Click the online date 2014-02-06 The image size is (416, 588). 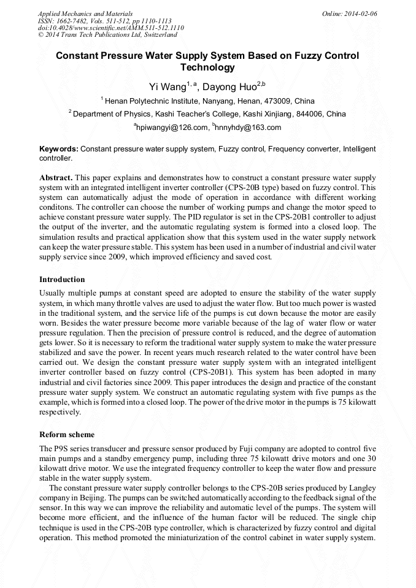[x=362, y=13]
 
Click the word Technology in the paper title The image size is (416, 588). [x=207, y=67]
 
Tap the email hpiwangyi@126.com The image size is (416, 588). [x=171, y=128]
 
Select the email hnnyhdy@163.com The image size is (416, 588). [x=248, y=128]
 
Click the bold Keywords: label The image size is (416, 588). [x=59, y=149]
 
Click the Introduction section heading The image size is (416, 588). [x=62, y=280]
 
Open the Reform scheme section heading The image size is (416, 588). [x=67, y=435]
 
